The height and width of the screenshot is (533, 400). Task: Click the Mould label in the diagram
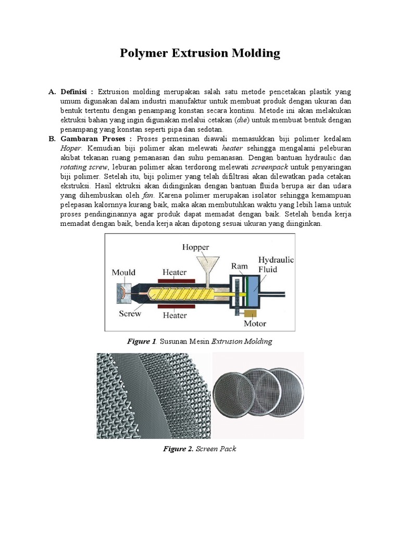tap(123, 272)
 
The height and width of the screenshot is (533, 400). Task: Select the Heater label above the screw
tap(174, 272)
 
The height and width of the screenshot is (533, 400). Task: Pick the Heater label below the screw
tap(174, 315)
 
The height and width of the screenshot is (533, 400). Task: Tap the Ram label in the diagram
tap(239, 266)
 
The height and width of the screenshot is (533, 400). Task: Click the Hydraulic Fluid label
tap(276, 264)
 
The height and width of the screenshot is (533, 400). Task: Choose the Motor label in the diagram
tap(255, 323)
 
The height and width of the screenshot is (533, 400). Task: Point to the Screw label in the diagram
tap(130, 314)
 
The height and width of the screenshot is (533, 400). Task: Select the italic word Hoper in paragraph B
tap(71, 148)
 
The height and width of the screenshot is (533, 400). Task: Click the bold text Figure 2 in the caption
tap(179, 449)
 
